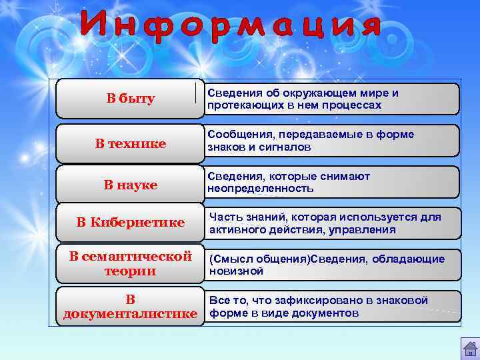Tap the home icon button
tap(469, 349)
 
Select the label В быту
tap(131, 99)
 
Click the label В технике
tap(131, 143)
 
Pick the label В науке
tap(131, 185)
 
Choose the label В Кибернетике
tap(131, 223)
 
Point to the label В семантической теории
tap(131, 263)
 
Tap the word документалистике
tap(131, 313)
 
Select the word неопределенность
tap(260, 189)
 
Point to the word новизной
tap(237, 271)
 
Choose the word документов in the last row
tap(330, 313)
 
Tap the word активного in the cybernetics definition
tap(238, 230)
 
